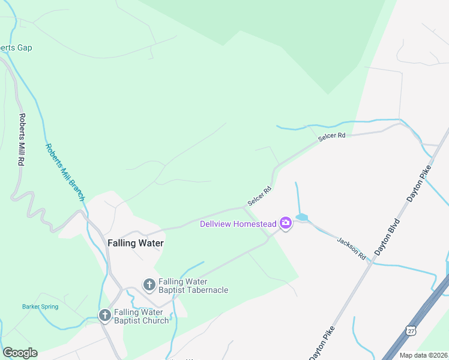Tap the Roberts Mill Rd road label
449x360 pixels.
(x=22, y=140)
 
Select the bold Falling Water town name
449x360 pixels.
(x=135, y=243)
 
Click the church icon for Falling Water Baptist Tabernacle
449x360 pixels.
(x=149, y=283)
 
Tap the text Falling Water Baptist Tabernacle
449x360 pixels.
(x=193, y=286)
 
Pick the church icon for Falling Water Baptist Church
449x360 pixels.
(x=104, y=314)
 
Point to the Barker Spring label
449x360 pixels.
(x=40, y=307)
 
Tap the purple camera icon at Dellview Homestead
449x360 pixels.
(x=286, y=224)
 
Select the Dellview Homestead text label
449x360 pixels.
(x=238, y=224)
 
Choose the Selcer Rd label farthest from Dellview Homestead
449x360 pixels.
(x=332, y=137)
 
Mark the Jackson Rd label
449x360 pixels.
(x=351, y=247)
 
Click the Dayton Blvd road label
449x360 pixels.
(x=387, y=238)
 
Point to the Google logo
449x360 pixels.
(x=20, y=353)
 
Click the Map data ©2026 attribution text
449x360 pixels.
(x=423, y=355)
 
